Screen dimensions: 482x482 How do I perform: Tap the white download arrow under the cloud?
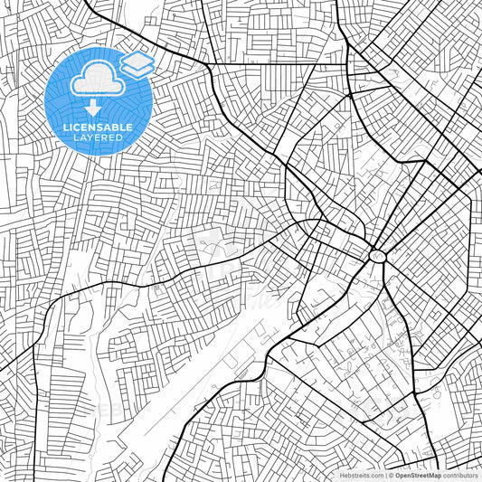point(97,107)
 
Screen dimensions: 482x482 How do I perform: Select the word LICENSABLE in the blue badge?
point(97,128)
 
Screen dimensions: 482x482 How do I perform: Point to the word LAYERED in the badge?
point(97,137)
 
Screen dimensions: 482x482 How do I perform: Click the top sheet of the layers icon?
point(137,60)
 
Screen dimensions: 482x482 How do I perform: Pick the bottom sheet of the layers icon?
point(137,69)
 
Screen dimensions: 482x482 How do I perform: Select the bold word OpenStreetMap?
point(418,475)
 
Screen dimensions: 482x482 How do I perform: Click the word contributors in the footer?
point(461,475)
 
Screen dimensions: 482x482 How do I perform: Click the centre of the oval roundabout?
point(376,256)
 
